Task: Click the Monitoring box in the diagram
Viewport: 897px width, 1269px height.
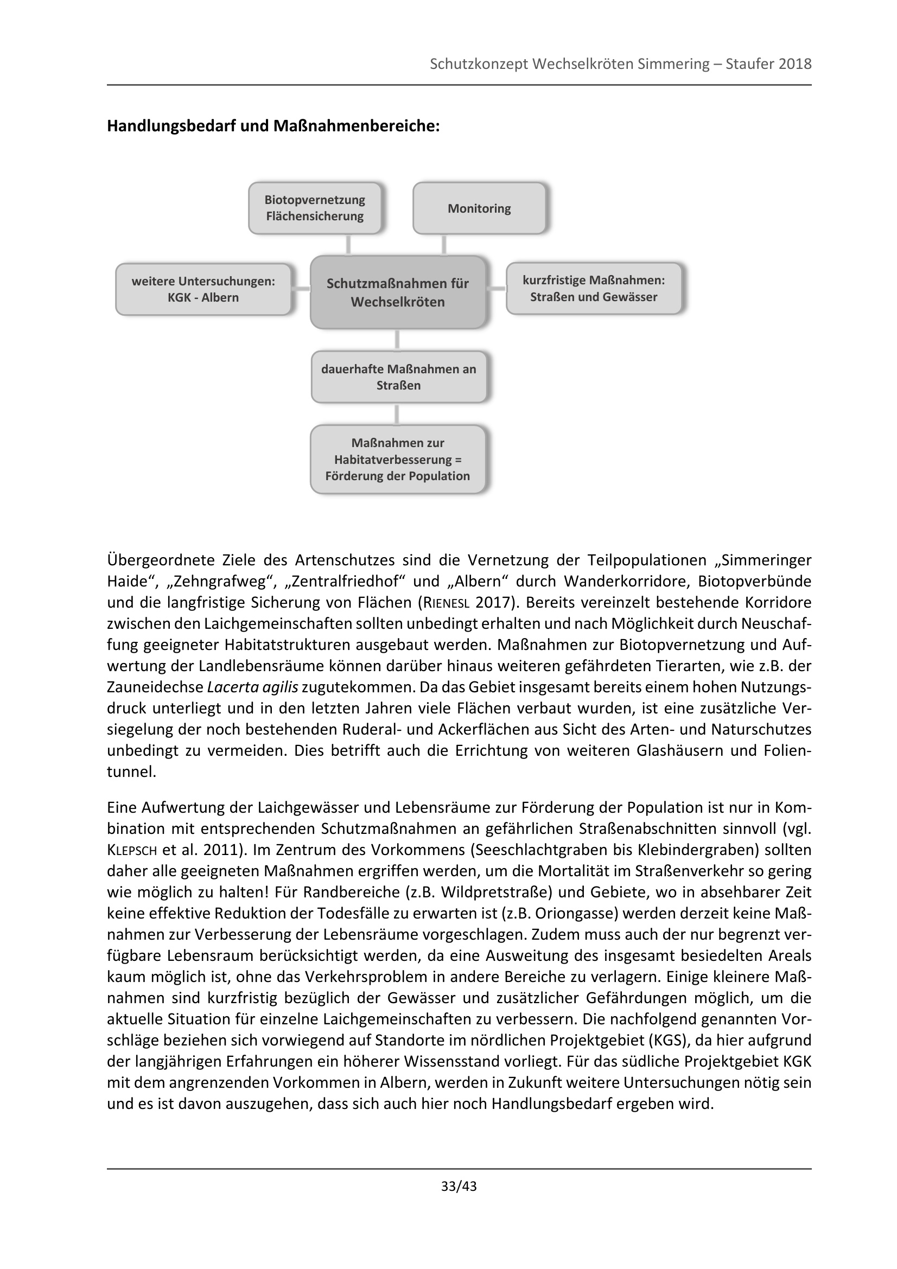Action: pos(479,208)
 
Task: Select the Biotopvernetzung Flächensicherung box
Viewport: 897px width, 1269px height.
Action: pos(315,208)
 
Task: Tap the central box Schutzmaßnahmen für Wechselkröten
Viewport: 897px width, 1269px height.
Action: pos(397,292)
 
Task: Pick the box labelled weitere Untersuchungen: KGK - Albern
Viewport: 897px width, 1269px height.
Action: pos(203,289)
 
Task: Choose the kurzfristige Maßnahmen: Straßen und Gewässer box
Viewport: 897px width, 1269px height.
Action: pos(594,289)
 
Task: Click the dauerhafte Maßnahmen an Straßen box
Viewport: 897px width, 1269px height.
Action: pos(398,377)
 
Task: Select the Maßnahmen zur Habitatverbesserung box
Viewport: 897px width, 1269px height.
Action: pos(397,460)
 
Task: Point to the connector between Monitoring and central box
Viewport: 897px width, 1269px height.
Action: pos(444,244)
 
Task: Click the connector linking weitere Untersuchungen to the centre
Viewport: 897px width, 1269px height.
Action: pos(301,289)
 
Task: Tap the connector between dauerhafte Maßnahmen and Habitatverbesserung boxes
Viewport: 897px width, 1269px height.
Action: pos(397,413)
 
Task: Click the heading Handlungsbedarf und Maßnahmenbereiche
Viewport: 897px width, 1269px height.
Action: pos(273,126)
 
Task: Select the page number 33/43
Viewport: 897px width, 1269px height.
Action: pos(459,1186)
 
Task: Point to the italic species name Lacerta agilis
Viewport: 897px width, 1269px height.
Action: pos(252,687)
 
